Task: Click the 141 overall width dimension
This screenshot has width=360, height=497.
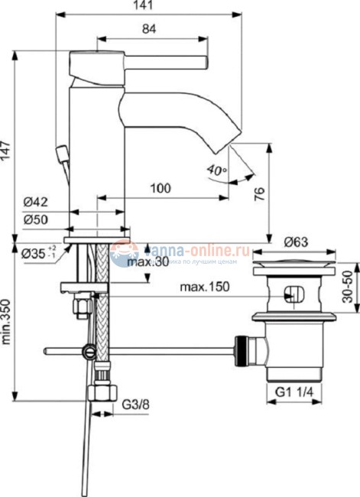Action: [x=146, y=6]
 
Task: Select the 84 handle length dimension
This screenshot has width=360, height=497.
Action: [x=150, y=30]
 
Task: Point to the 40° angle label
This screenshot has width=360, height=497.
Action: [x=216, y=170]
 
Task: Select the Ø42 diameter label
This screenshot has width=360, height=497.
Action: [x=36, y=203]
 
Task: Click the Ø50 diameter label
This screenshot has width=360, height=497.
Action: [x=36, y=219]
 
